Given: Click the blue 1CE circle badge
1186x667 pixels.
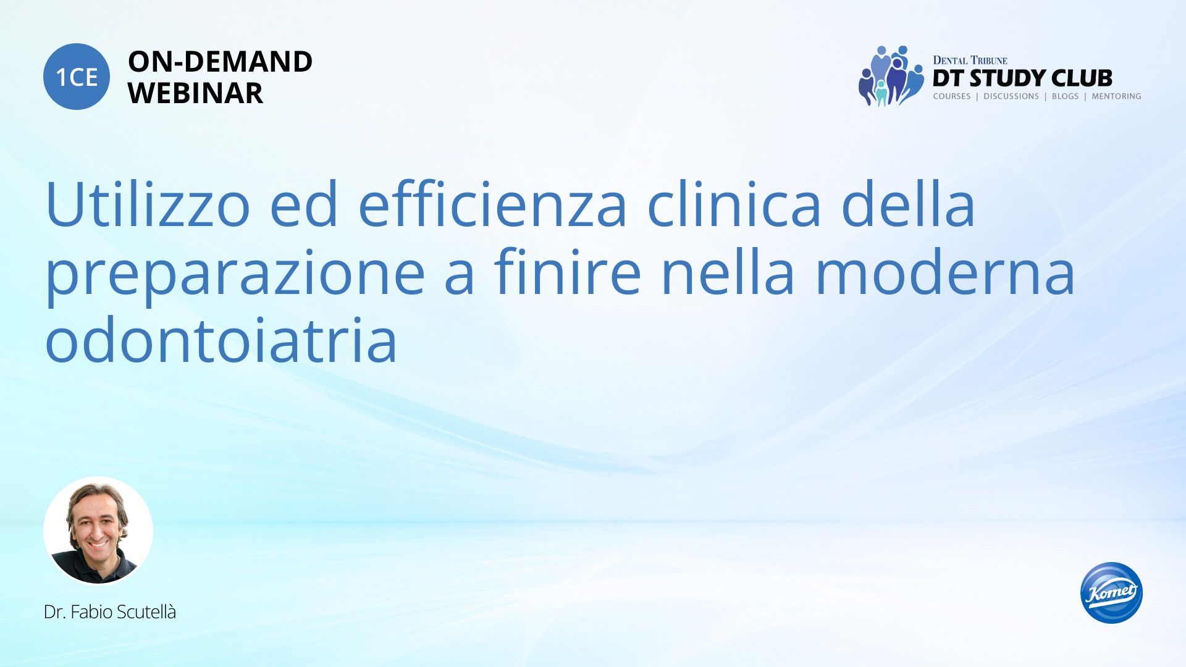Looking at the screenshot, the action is click(x=77, y=77).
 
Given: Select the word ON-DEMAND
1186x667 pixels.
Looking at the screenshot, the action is click(x=220, y=62).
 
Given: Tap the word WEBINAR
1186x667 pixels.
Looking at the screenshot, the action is click(x=195, y=93).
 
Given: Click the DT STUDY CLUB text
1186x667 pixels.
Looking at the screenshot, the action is click(x=1022, y=78).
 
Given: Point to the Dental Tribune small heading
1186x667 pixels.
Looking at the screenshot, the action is click(x=970, y=60).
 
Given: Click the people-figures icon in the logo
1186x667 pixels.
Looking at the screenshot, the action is click(x=891, y=76).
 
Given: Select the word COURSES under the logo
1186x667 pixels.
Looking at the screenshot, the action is click(x=952, y=96).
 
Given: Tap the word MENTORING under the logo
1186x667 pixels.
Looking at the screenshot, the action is click(x=1116, y=96).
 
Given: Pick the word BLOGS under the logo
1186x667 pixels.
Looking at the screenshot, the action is click(x=1065, y=96).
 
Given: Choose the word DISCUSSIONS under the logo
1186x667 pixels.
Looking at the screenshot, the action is click(x=1011, y=96).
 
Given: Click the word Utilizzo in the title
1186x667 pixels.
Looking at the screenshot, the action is click(x=148, y=204).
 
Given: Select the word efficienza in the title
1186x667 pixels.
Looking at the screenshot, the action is click(x=492, y=203).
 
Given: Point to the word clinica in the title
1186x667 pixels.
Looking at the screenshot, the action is click(x=734, y=203).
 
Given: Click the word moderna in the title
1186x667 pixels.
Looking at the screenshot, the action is click(x=945, y=271).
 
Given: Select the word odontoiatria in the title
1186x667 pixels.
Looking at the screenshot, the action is click(x=221, y=339).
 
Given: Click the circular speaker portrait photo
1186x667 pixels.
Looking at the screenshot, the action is click(x=98, y=531).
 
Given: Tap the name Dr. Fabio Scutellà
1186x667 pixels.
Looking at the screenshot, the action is click(x=110, y=612).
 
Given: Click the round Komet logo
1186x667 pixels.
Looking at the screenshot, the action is click(x=1111, y=592).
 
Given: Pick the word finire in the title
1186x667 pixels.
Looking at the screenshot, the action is click(x=568, y=271).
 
